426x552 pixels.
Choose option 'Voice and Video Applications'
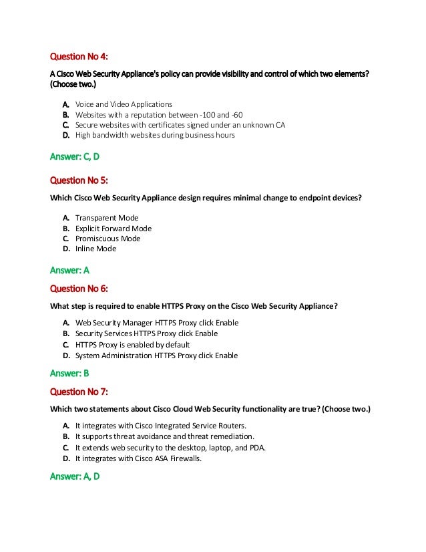[124, 104]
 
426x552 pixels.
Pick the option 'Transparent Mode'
[107, 217]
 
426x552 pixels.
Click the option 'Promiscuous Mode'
[108, 238]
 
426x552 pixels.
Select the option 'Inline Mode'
[95, 249]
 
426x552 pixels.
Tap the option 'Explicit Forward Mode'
[114, 228]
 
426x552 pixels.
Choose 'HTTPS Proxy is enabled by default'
[132, 345]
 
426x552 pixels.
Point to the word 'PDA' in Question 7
[256, 447]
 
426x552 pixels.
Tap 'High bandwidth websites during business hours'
[155, 135]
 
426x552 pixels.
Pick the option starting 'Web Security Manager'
[157, 323]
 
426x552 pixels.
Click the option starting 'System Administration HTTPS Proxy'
[157, 356]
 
